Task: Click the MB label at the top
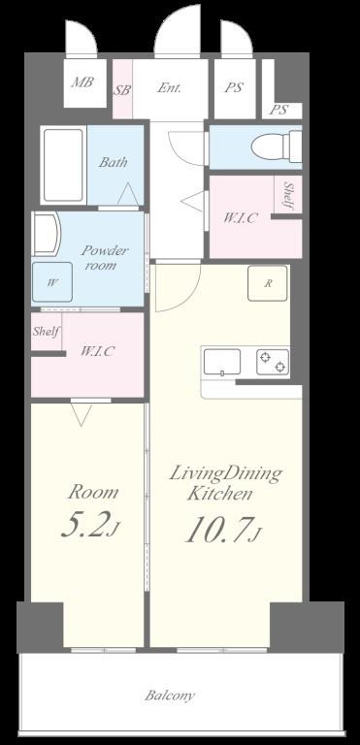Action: (x=82, y=81)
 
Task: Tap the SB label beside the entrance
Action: (x=122, y=90)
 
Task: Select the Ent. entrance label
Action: (x=169, y=88)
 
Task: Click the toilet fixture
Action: (x=277, y=146)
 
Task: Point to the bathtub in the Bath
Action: (x=63, y=165)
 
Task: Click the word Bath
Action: (x=114, y=162)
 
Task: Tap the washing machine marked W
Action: (x=52, y=281)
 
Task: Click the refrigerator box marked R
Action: (x=267, y=283)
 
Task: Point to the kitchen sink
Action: (x=222, y=362)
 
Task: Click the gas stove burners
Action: (x=273, y=362)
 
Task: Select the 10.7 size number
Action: (x=217, y=531)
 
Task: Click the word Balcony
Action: (x=170, y=696)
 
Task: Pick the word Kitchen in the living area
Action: (x=219, y=494)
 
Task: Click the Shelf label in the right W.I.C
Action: (x=288, y=195)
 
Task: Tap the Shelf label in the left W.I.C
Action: (x=47, y=331)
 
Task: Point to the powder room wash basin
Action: (x=47, y=234)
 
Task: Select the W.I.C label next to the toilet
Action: (x=241, y=218)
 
